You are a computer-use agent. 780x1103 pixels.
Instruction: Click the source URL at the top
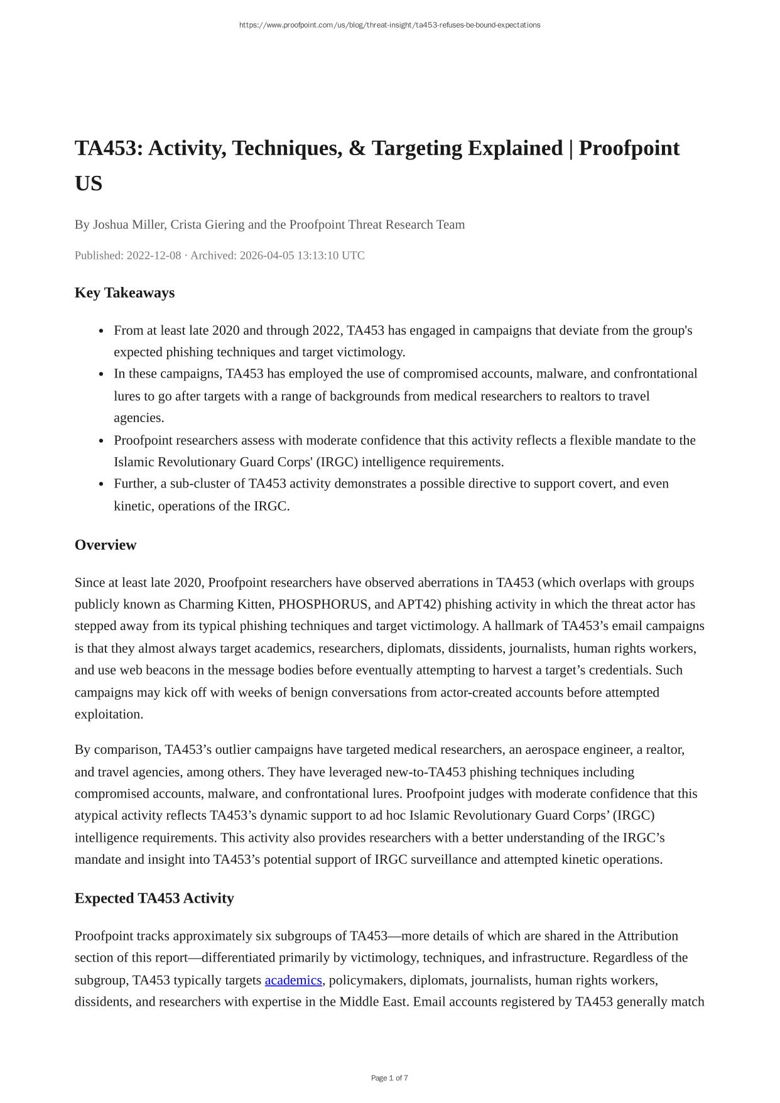(389, 25)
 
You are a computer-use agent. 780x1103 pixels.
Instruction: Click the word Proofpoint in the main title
(629, 148)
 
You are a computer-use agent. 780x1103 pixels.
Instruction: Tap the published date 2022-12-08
(154, 256)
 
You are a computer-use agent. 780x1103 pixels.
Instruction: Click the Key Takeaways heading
(124, 293)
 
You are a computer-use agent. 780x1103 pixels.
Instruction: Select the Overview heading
(106, 545)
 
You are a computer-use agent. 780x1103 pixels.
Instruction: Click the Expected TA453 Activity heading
(154, 898)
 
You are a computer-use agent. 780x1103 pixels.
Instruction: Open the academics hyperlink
(293, 980)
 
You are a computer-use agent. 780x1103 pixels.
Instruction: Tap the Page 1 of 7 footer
(389, 1078)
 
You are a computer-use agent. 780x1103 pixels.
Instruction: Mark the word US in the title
(89, 183)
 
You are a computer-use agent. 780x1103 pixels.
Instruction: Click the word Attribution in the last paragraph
(647, 936)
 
